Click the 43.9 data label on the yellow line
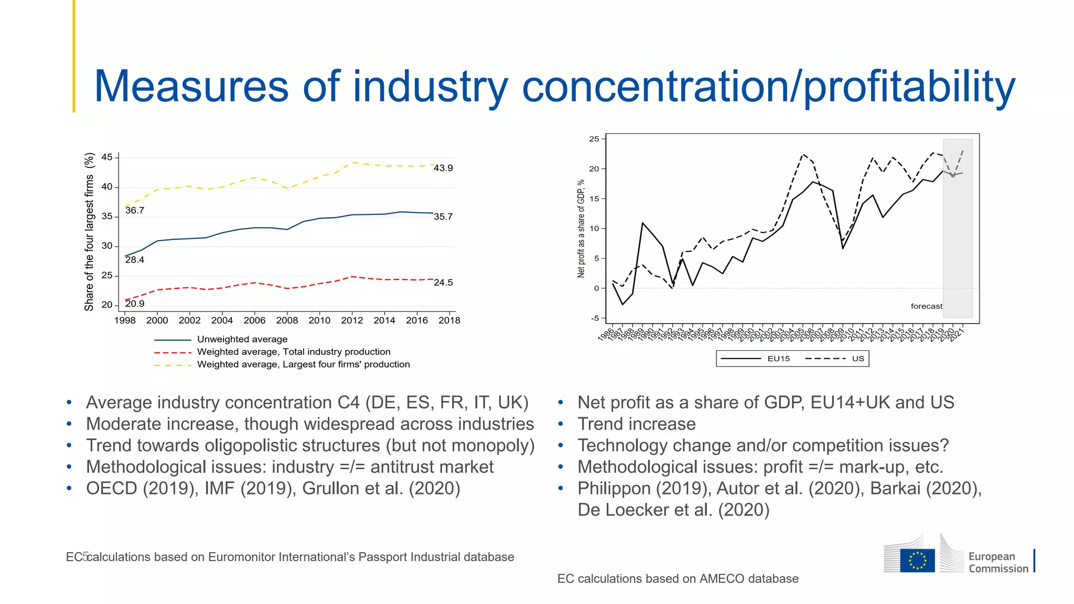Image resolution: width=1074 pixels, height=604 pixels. pos(443,168)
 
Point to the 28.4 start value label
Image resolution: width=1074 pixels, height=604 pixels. pos(134,260)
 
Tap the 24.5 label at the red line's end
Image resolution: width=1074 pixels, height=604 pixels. pos(443,283)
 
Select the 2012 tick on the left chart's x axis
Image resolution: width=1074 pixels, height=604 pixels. pos(352,320)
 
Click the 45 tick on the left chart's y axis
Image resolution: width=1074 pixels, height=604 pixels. pos(107,157)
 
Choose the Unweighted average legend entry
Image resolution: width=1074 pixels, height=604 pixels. pos(242,339)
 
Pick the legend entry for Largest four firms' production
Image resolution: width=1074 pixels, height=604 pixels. pos(303,364)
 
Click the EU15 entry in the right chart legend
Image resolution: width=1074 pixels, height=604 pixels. pos(778,359)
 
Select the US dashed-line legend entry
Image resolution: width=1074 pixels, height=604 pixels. pos(858,359)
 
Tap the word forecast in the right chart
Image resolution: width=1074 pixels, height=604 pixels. pos(926,306)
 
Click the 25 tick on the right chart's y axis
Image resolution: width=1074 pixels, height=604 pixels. pos(594,139)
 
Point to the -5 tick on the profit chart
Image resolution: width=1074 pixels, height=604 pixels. pos(595,318)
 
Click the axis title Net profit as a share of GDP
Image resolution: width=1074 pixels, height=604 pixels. pos(581,229)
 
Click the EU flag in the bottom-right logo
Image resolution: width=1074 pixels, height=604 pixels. pos(917,560)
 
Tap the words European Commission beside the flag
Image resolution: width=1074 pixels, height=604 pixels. pos(998,563)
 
